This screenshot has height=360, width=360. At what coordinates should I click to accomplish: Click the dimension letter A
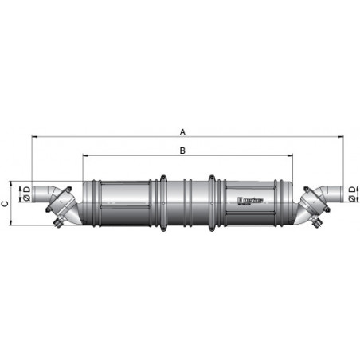point(182,131)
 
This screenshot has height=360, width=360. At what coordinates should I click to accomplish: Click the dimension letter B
point(182,149)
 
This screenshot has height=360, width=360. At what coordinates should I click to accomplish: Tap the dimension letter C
point(6,204)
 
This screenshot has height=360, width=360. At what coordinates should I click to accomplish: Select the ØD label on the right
point(352,192)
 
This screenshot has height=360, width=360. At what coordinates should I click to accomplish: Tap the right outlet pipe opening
point(339,192)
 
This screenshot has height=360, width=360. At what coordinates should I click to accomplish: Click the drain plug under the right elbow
point(316,225)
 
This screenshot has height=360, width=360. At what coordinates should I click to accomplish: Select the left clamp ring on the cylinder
point(162,202)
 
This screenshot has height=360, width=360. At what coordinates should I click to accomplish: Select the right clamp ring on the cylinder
point(212,202)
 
